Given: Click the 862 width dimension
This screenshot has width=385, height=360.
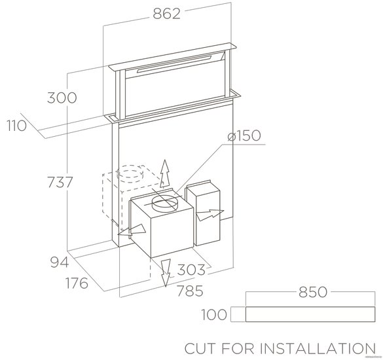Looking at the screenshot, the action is click(167, 14).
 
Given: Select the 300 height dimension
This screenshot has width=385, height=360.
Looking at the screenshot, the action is click(62, 98).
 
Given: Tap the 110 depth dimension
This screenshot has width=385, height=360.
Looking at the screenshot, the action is click(16, 126).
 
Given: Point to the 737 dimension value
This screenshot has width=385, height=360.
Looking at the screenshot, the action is click(60, 182).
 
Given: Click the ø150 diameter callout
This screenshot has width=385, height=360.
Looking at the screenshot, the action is click(244, 135).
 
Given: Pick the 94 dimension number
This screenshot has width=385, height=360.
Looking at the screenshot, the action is click(60, 262).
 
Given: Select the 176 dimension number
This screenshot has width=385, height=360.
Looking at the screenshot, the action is click(77, 283).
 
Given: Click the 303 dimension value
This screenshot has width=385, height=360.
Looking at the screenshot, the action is click(191, 270).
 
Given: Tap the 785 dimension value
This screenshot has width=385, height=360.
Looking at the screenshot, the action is click(190, 291).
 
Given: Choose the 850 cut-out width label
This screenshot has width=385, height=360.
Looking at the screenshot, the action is click(313, 292).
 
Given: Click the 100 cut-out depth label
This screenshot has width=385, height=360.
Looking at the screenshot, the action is click(214, 314).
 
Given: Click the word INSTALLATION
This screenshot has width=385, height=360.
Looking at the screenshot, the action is click(318, 348).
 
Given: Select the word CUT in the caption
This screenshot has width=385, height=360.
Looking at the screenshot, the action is click(201, 348).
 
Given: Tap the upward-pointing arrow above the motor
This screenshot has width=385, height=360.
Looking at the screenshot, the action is click(165, 174).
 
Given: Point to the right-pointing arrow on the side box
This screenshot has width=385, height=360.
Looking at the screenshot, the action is click(210, 215).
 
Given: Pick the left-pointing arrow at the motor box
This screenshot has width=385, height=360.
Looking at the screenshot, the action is click(132, 230).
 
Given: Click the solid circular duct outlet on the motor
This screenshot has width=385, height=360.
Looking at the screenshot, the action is click(165, 204).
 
